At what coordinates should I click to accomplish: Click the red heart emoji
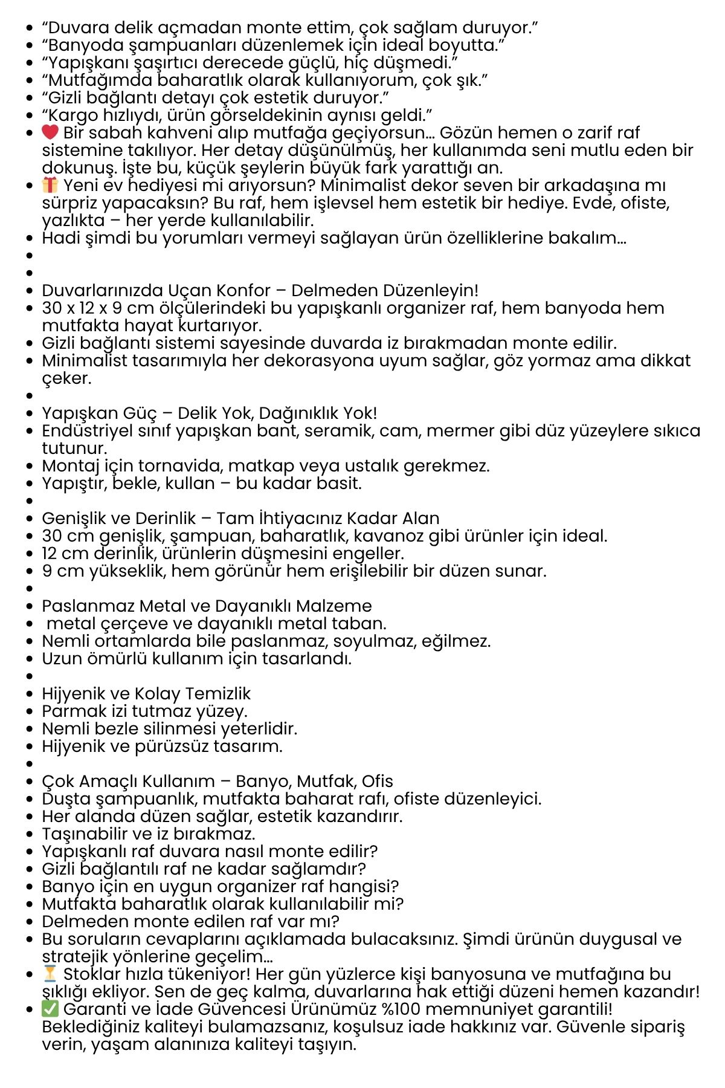click(x=50, y=132)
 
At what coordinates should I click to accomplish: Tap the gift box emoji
click(x=50, y=184)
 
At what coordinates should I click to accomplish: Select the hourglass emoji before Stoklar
click(x=50, y=974)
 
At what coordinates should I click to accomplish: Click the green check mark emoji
click(x=50, y=1009)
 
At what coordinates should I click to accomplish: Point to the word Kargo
click(x=73, y=115)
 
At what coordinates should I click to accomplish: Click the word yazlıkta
click(x=73, y=220)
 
